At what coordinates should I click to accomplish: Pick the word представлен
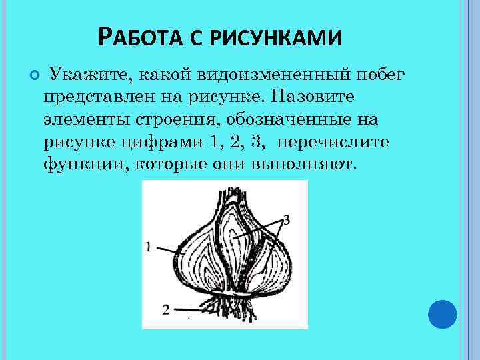click(x=97, y=97)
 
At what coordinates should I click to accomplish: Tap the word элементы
click(x=83, y=119)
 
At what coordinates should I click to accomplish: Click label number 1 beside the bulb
click(x=148, y=247)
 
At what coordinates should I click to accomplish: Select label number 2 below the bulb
click(x=165, y=309)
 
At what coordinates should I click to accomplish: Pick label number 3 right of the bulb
click(x=285, y=219)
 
